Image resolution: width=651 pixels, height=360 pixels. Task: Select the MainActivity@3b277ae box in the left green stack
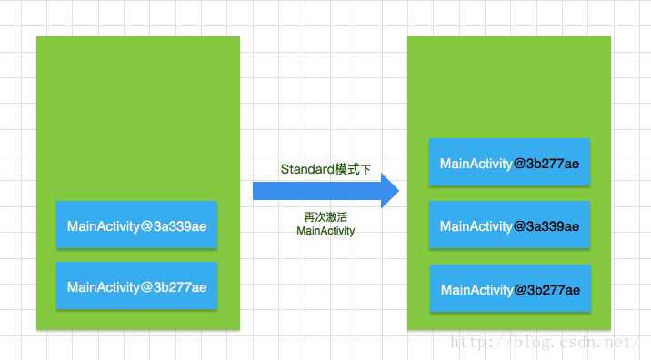click(136, 286)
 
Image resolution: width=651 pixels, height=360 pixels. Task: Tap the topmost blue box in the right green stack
click(509, 164)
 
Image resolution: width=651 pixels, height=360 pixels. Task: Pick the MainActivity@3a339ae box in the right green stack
click(509, 225)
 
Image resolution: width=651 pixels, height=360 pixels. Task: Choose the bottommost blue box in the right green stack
click(510, 289)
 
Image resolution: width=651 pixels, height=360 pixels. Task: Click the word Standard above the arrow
click(307, 169)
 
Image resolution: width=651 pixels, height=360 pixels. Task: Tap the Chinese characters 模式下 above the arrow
click(353, 169)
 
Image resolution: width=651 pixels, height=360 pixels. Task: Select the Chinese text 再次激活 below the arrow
click(325, 217)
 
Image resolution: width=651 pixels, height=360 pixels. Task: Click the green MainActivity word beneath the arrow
click(325, 232)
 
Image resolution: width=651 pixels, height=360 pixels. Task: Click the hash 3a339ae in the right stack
click(554, 226)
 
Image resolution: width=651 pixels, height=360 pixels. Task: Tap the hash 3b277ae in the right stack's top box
click(554, 164)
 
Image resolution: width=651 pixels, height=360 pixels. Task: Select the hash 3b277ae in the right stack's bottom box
click(554, 290)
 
